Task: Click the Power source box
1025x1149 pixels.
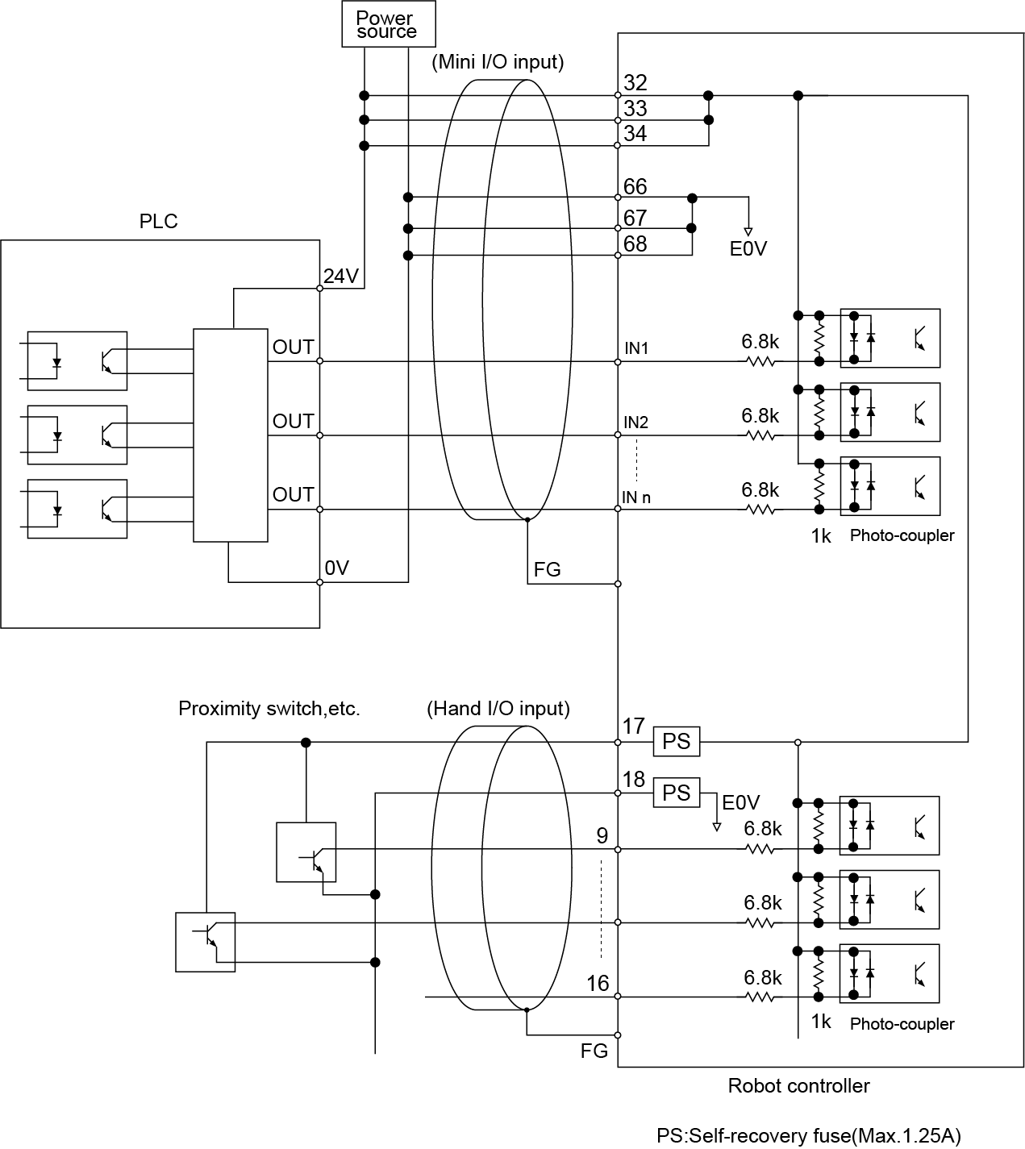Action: pos(387,24)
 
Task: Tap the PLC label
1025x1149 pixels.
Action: pos(158,222)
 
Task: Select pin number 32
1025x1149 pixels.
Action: pos(635,82)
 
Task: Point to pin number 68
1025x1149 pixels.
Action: pos(635,244)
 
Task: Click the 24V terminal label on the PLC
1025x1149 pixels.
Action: pos(340,277)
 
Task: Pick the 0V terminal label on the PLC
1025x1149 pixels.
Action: pos(336,568)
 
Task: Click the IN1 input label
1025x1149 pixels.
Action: pos(636,348)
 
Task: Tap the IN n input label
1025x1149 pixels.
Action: pos(636,497)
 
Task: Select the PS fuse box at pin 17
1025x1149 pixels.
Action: pos(676,742)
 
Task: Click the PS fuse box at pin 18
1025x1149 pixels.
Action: pos(676,793)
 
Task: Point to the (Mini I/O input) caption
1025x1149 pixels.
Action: pos(498,62)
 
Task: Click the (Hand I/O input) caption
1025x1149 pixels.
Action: pos(498,709)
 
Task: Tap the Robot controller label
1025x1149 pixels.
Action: pos(798,1086)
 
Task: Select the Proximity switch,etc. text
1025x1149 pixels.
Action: pos(269,709)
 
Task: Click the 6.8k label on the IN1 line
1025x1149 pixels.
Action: pos(760,342)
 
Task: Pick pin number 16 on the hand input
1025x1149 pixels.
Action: pos(598,984)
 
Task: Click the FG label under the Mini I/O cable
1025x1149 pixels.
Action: pos(547,570)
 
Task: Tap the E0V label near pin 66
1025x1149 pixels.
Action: pos(748,249)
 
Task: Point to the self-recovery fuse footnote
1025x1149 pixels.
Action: pos(808,1136)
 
